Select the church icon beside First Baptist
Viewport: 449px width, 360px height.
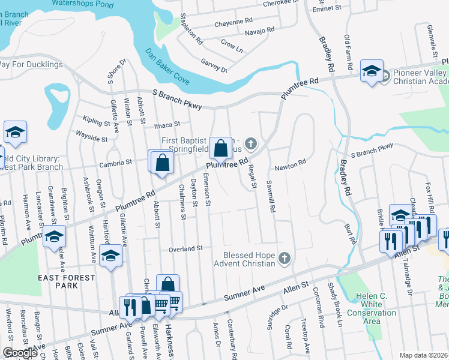(252, 143)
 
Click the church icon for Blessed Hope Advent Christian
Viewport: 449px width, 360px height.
(285, 259)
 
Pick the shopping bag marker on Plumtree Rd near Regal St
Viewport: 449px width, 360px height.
(221, 147)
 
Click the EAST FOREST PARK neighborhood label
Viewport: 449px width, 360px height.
(66, 281)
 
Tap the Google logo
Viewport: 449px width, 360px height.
(20, 353)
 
